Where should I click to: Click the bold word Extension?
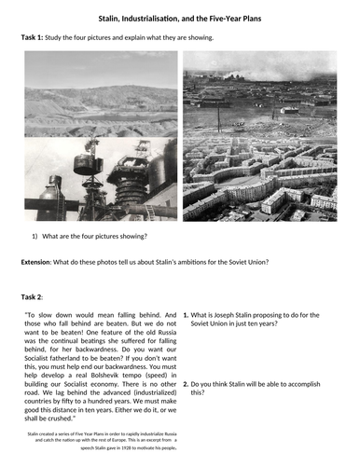[x=39, y=262]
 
